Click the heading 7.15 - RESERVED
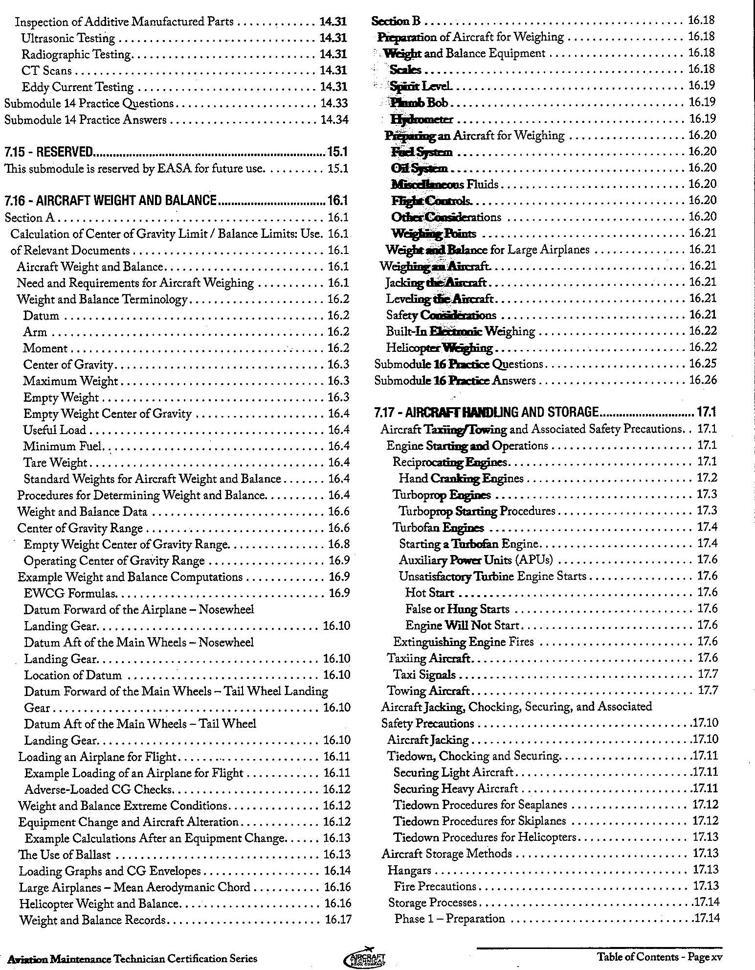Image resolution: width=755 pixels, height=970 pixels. (48, 152)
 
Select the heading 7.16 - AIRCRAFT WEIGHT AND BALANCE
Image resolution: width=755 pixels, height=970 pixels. (111, 200)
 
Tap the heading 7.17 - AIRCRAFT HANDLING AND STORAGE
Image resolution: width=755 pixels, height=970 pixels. (487, 412)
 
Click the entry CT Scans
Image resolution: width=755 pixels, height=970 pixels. (47, 70)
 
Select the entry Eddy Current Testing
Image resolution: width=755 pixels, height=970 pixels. (78, 87)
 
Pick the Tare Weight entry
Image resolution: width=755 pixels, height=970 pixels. (55, 462)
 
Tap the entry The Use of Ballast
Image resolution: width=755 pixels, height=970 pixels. (65, 855)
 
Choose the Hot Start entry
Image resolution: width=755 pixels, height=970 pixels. (429, 593)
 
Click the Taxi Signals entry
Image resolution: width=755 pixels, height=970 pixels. (424, 674)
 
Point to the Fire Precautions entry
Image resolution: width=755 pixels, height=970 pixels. (435, 886)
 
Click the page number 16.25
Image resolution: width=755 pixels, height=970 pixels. (703, 364)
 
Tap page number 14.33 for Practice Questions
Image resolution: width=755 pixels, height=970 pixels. (334, 103)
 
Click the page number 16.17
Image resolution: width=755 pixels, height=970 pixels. (338, 920)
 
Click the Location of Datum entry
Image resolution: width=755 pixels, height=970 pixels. (73, 675)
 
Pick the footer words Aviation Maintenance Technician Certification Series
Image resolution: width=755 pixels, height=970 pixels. (129, 958)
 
